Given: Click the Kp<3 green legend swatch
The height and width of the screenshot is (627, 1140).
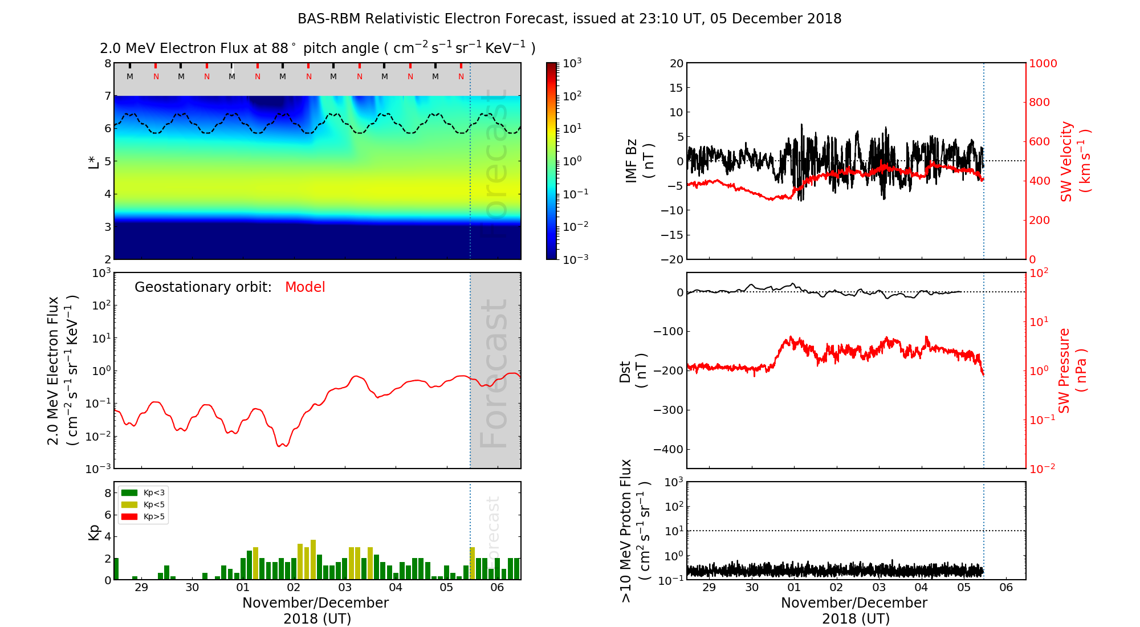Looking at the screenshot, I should [129, 492].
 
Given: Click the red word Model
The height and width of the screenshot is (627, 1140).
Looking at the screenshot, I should [305, 287].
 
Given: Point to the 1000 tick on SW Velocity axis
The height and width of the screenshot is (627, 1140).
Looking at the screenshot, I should [1043, 63].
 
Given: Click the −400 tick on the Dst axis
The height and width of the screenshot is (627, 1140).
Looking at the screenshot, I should [667, 449].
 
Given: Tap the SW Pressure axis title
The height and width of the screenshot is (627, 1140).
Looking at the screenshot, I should [1072, 370].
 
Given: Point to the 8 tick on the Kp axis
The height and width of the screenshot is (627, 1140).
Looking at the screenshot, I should [108, 493].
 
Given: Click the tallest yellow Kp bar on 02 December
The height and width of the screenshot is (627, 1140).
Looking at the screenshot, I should [313, 559].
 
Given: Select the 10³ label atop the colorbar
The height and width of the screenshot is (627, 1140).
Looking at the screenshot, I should [572, 63].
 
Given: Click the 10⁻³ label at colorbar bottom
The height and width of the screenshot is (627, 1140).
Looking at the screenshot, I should [576, 259].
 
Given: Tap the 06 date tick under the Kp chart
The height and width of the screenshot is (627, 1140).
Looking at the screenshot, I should [497, 588].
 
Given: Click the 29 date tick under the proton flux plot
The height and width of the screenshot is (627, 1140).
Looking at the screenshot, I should [709, 588].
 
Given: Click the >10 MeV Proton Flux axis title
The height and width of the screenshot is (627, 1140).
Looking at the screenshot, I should [634, 531].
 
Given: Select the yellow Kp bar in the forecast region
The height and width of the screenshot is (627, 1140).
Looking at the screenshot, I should [472, 563].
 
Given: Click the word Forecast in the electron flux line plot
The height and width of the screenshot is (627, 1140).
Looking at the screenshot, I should [494, 373].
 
